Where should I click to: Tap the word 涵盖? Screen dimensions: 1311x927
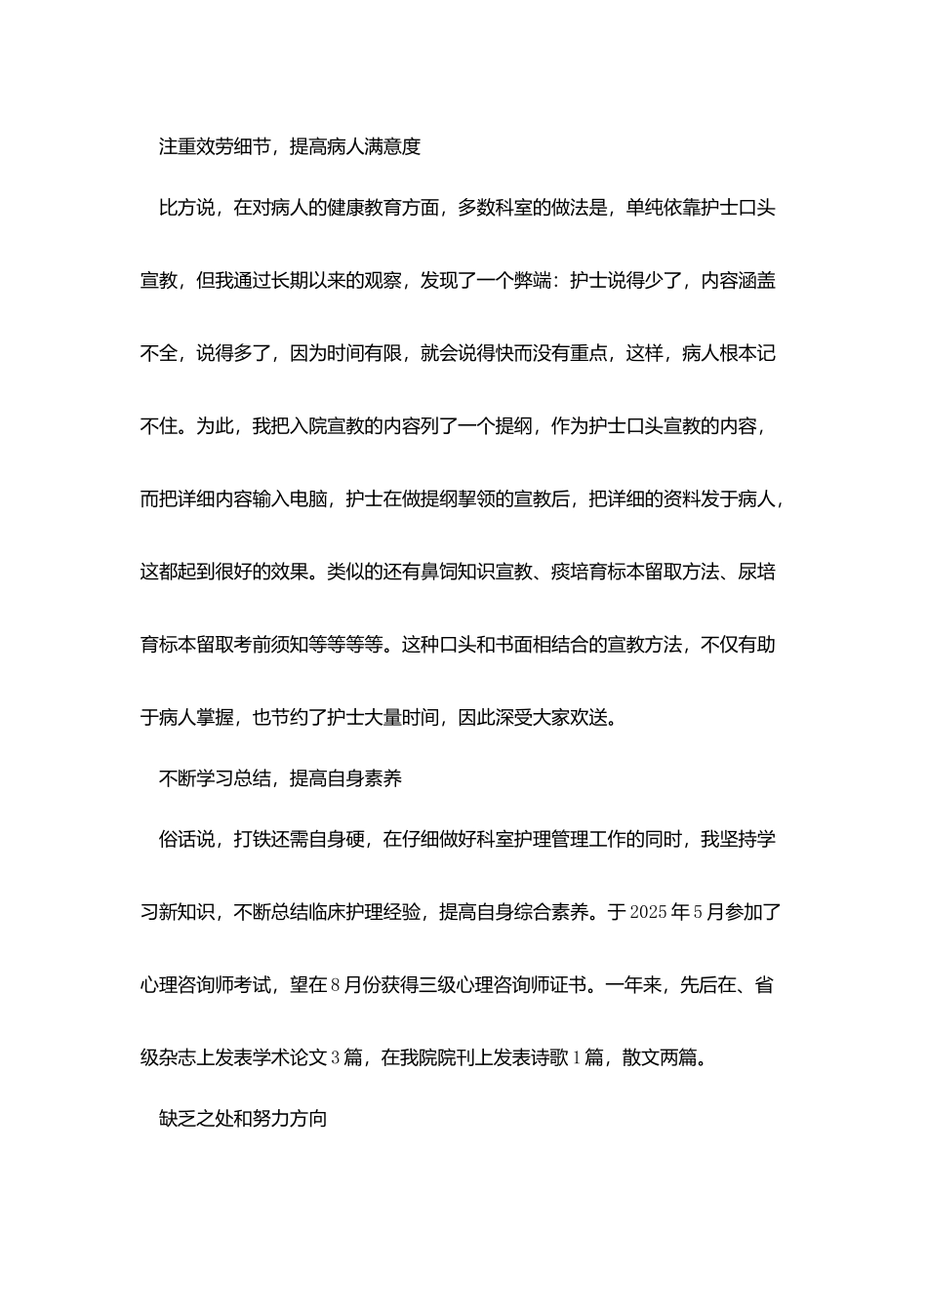coord(757,281)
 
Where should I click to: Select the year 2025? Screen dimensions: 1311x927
coord(649,914)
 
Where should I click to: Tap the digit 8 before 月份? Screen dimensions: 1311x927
coord(336,985)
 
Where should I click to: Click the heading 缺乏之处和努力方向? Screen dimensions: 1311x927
coord(243,1119)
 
